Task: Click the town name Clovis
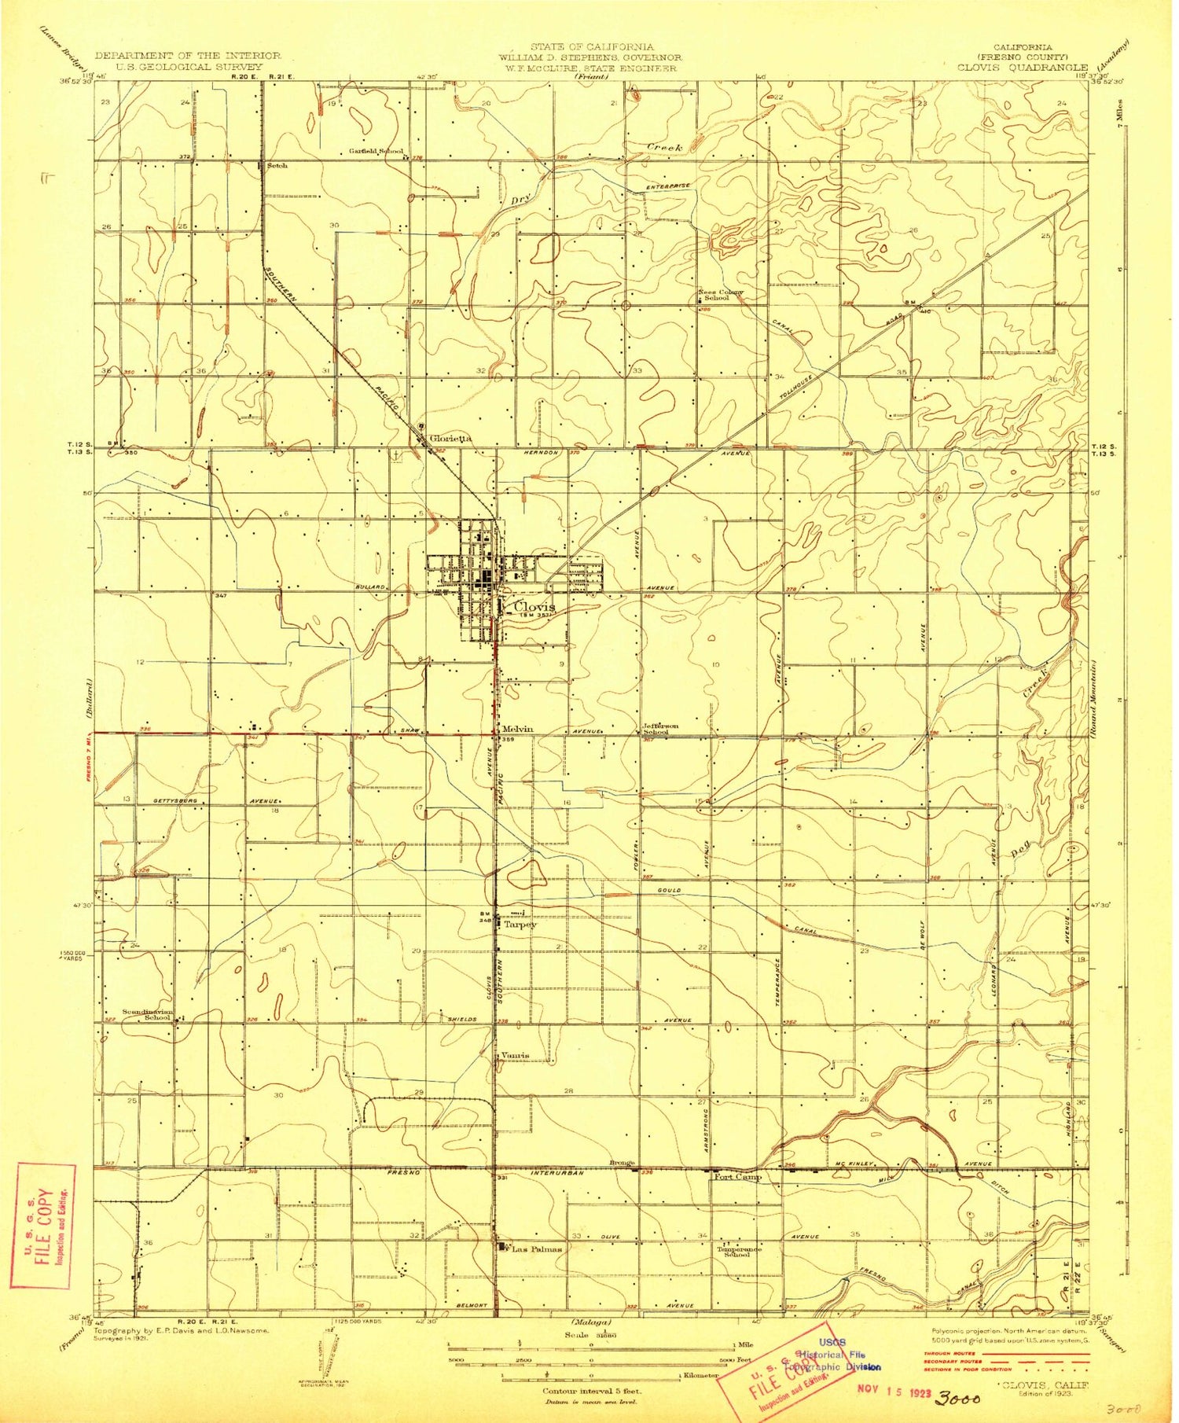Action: pyautogui.click(x=534, y=607)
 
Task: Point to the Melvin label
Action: pyautogui.click(x=517, y=729)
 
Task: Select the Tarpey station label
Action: pyautogui.click(x=520, y=925)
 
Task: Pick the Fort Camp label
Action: pyautogui.click(x=737, y=1177)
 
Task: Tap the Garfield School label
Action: pyautogui.click(x=376, y=151)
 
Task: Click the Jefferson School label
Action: pyautogui.click(x=660, y=729)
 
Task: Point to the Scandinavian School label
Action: pyautogui.click(x=147, y=1014)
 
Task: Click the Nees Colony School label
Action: pyautogui.click(x=720, y=295)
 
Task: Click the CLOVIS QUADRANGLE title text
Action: pyautogui.click(x=1022, y=68)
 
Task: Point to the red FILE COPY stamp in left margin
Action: pyautogui.click(x=43, y=1225)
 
